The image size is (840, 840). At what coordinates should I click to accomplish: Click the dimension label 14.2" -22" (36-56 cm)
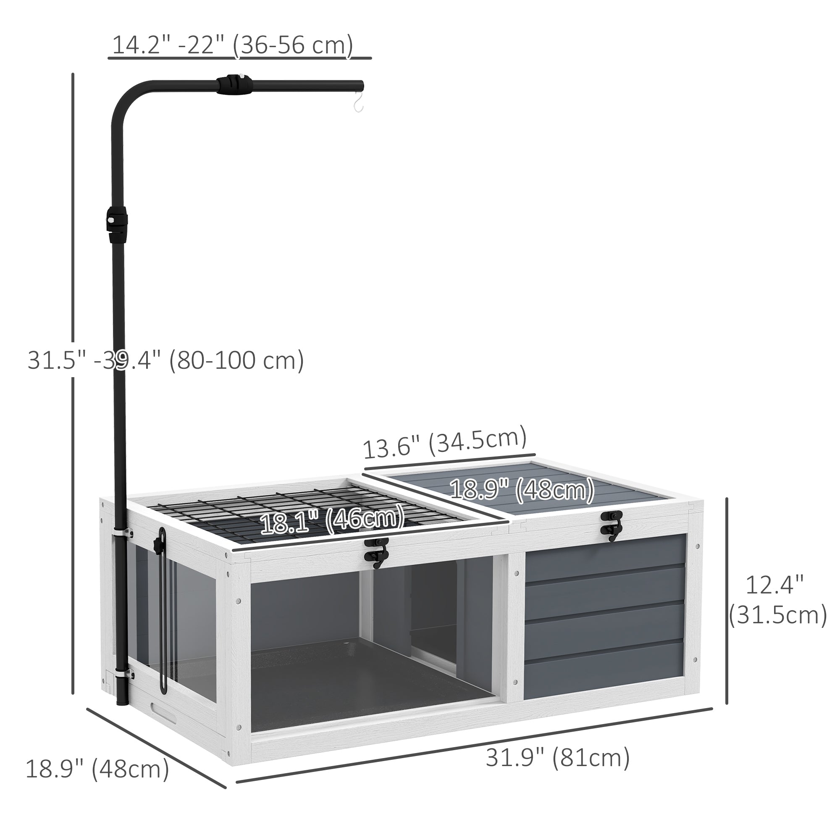[x=233, y=45]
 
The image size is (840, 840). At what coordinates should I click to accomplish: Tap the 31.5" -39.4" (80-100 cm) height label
[x=165, y=360]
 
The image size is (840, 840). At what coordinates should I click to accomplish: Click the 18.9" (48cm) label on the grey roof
[x=522, y=490]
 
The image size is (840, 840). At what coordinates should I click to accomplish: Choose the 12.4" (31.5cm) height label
[x=778, y=600]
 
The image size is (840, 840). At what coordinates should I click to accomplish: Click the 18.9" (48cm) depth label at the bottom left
[x=97, y=769]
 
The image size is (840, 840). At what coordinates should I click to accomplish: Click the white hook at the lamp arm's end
[x=358, y=102]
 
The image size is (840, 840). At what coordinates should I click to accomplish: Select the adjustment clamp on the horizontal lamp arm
[x=235, y=85]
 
